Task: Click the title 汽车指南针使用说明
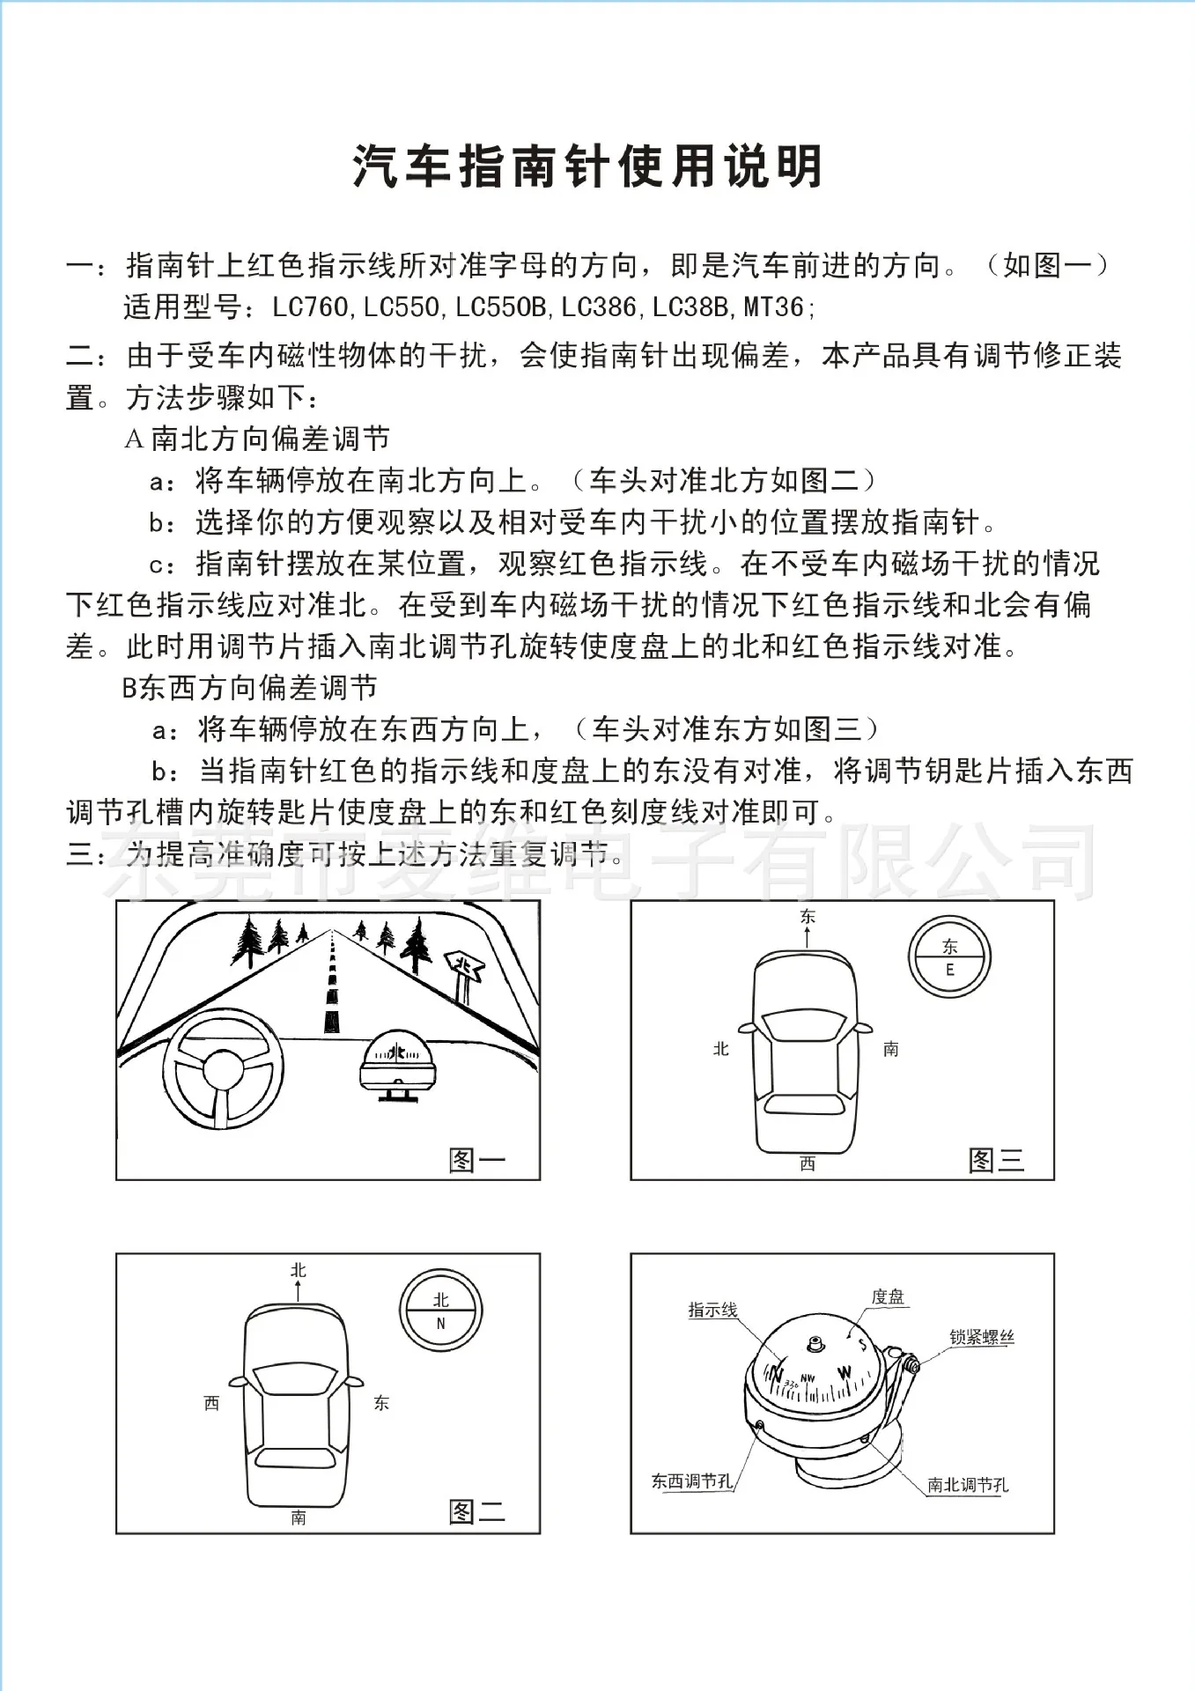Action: pyautogui.click(x=587, y=166)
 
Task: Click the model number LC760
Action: pyautogui.click(x=310, y=307)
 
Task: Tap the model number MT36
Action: pyautogui.click(x=774, y=307)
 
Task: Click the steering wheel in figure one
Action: pyautogui.click(x=223, y=1068)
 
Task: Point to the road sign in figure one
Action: pyautogui.click(x=464, y=971)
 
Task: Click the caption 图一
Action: pyautogui.click(x=476, y=1160)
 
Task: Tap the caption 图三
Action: pyautogui.click(x=996, y=1160)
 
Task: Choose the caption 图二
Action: pyautogui.click(x=476, y=1512)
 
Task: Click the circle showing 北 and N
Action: pyautogui.click(x=440, y=1310)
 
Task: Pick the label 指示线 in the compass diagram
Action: pyautogui.click(x=712, y=1311)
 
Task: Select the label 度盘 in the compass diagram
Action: pyautogui.click(x=888, y=1296)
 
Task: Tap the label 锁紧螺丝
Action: pyautogui.click(x=982, y=1337)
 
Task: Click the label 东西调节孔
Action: pyautogui.click(x=692, y=1481)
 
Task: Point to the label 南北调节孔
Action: pyautogui.click(x=968, y=1485)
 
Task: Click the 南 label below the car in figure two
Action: pyautogui.click(x=299, y=1517)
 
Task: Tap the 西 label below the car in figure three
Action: pyautogui.click(x=808, y=1163)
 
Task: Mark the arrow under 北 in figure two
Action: pyautogui.click(x=299, y=1291)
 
